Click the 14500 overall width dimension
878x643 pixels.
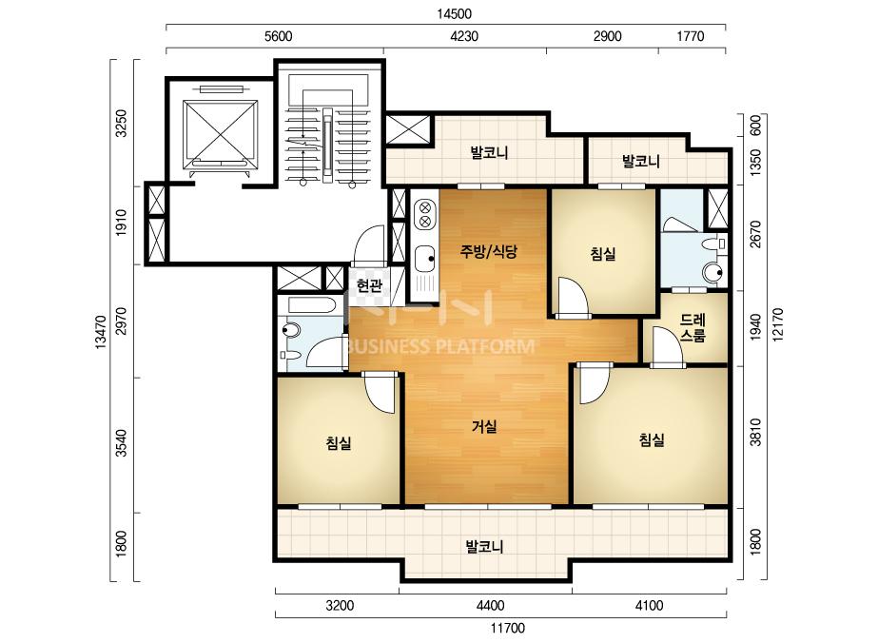coord(454,13)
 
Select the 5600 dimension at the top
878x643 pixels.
coord(278,36)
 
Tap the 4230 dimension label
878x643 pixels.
coord(464,36)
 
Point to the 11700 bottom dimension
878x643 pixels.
coord(508,629)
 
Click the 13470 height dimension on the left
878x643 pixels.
coord(101,333)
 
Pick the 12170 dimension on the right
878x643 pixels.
coord(776,325)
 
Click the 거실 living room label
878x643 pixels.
coord(484,427)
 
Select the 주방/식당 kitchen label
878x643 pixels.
coord(488,251)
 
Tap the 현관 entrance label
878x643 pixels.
coord(370,285)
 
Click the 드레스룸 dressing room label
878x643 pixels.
coord(693,328)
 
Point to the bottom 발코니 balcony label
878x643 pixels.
coord(485,546)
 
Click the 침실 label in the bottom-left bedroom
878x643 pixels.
coord(339,443)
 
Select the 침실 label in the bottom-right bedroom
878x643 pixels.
coord(652,439)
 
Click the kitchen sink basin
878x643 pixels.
coord(425,259)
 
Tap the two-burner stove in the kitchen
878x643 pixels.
coord(425,215)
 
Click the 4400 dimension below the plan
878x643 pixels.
coord(490,606)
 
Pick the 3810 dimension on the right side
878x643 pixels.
coord(755,432)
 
